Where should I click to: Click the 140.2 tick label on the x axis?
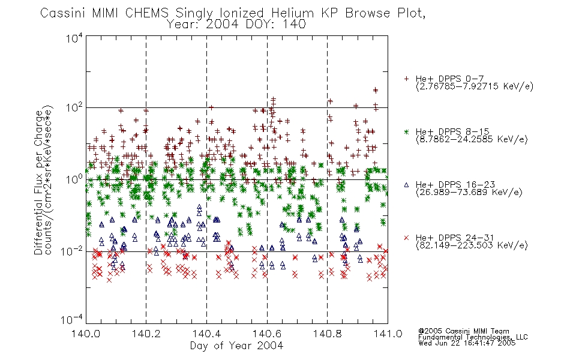pyautogui.click(x=146, y=334)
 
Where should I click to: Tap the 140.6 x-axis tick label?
pyautogui.click(x=267, y=334)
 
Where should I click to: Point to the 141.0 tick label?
pyautogui.click(x=388, y=334)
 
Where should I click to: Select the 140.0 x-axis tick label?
pyautogui.click(x=86, y=334)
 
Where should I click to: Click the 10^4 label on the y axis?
pyautogui.click(x=74, y=38)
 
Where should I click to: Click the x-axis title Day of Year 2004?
pyautogui.click(x=236, y=346)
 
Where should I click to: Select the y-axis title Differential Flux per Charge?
pyautogui.click(x=38, y=182)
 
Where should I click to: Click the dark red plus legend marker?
pyautogui.click(x=406, y=79)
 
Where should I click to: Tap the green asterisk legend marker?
pyautogui.click(x=406, y=132)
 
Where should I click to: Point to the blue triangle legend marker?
pyautogui.click(x=406, y=185)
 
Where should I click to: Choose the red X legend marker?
pyautogui.click(x=406, y=238)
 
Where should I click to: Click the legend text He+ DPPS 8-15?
pyautogui.click(x=452, y=131)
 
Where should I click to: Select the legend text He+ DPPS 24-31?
pyautogui.click(x=455, y=238)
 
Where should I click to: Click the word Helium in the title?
pyautogui.click(x=293, y=13)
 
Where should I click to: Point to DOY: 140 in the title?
pyautogui.click(x=275, y=25)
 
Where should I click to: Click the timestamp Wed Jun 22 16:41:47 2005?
pyautogui.click(x=467, y=343)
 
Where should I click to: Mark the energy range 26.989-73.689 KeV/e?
pyautogui.click(x=469, y=192)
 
